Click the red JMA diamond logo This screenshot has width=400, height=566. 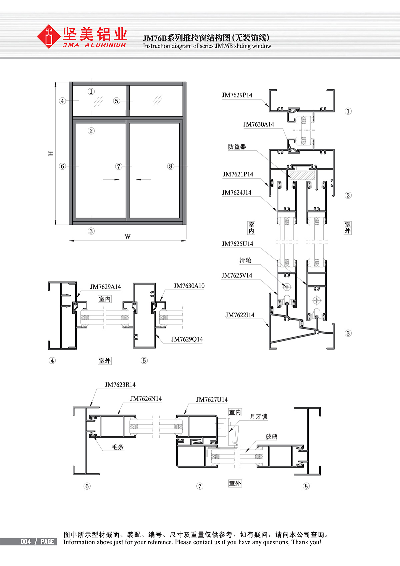click(x=48, y=36)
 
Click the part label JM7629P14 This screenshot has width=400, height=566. click(x=237, y=95)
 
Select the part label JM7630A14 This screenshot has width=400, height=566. click(x=258, y=124)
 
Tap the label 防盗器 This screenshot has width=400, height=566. click(x=237, y=147)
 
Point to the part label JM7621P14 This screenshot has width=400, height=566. click(x=238, y=174)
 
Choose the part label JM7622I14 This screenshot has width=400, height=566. click(x=240, y=315)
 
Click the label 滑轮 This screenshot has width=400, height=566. click(x=245, y=260)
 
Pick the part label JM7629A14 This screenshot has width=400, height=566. click(x=105, y=287)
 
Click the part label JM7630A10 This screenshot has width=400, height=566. click(x=189, y=286)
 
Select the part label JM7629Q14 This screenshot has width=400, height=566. click(x=187, y=339)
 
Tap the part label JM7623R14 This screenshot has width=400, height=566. click(x=120, y=385)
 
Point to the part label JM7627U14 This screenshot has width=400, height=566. click(x=212, y=400)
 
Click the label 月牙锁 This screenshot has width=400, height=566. click(x=258, y=417)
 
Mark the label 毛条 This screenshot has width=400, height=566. click(x=118, y=447)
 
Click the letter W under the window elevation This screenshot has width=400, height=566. click(x=128, y=236)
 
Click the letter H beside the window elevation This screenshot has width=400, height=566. click(x=51, y=153)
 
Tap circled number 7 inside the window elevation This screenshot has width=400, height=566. click(x=119, y=166)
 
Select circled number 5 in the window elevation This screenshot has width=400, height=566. click(x=116, y=101)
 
